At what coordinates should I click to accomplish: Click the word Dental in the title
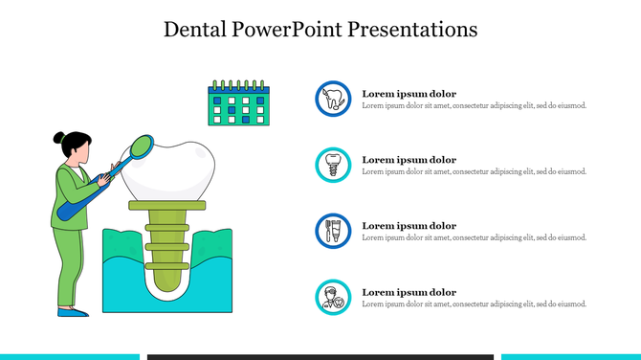coord(196,30)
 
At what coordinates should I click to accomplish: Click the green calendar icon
coord(240,104)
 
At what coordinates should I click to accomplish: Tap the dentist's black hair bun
coord(58,137)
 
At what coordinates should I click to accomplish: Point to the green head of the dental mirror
coord(140,146)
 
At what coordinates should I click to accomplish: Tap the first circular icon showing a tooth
coord(333,99)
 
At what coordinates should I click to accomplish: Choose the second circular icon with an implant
coord(333,165)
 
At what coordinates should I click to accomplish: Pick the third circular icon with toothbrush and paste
coord(333,231)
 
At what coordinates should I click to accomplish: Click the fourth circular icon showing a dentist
coord(333,297)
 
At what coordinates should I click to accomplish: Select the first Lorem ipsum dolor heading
coord(409,94)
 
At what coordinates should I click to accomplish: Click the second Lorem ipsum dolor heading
coord(409,160)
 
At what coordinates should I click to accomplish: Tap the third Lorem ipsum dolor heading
coord(409,226)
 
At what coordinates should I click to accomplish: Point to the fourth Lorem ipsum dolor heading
coord(409,292)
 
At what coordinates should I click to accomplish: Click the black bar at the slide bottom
coord(320,356)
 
